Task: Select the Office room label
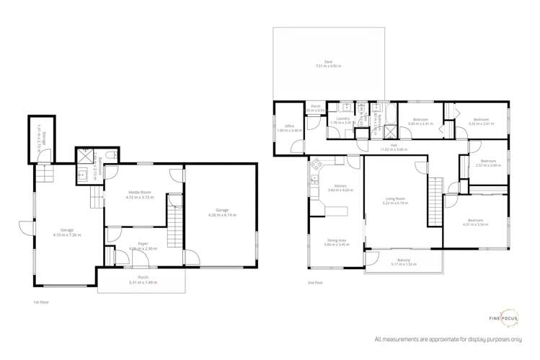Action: (x=289, y=128)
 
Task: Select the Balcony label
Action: (x=403, y=262)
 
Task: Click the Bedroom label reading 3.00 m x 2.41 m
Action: (x=417, y=121)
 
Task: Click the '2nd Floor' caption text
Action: (x=314, y=282)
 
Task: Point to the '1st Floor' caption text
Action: (x=40, y=302)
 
